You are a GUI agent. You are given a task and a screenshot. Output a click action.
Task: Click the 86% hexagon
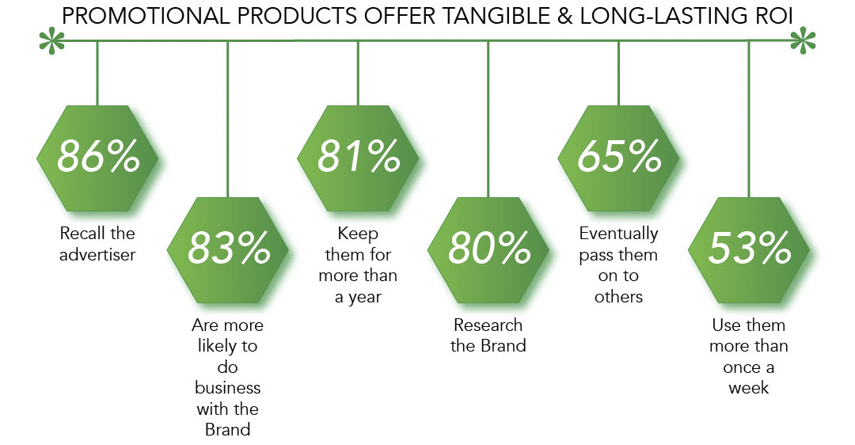[97, 158]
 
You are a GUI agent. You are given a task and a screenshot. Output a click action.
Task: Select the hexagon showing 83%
[228, 250]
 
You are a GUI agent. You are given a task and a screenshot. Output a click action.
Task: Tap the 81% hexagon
[359, 158]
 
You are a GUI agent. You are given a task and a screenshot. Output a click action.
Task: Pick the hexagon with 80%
[488, 250]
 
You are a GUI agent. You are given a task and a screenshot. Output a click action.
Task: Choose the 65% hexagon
[619, 158]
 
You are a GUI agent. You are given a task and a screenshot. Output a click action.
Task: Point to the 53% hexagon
[749, 250]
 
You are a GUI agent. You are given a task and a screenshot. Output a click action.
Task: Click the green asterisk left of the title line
[51, 41]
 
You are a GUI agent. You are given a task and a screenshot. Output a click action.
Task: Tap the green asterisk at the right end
[803, 41]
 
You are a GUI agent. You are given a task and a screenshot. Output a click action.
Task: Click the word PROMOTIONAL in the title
[146, 17]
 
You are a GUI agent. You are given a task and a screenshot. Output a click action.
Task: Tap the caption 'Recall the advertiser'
[97, 244]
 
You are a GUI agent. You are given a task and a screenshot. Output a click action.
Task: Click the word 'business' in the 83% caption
[228, 388]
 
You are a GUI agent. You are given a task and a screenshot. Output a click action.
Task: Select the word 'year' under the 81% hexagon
[365, 298]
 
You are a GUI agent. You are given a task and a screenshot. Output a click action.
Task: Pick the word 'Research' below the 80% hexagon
[488, 325]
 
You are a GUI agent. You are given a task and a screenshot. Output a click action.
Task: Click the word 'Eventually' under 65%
[619, 234]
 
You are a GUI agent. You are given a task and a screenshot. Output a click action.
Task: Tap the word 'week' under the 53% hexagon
[749, 388]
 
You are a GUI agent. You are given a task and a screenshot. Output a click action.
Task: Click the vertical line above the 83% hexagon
[228, 120]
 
